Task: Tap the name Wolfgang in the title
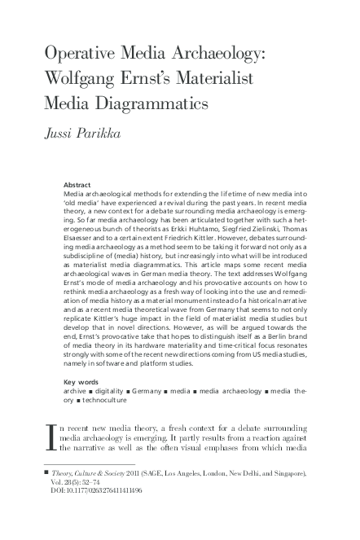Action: point(86,80)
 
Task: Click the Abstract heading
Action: point(80,186)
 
